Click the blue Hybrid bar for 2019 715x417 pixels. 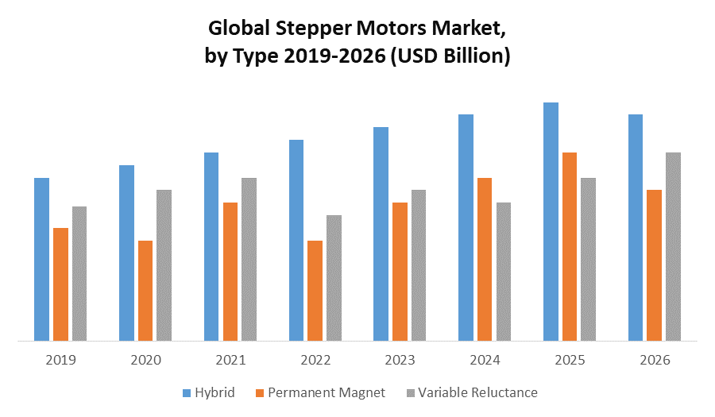point(41,260)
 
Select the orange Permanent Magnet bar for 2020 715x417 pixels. point(145,291)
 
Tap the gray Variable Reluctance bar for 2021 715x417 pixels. point(249,260)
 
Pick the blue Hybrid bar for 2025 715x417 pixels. point(551,222)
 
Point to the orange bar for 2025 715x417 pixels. point(570,247)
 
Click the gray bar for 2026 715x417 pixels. point(673,247)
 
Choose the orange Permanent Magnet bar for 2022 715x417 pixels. point(315,291)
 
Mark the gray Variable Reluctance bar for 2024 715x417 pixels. point(504,272)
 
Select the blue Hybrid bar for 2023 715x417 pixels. point(381,234)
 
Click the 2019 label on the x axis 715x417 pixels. point(60,360)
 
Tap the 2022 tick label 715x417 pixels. point(315,360)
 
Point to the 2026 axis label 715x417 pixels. point(655,360)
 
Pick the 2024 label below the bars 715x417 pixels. point(485,360)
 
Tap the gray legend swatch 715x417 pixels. point(410,392)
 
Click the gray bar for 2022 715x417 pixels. point(334,278)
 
